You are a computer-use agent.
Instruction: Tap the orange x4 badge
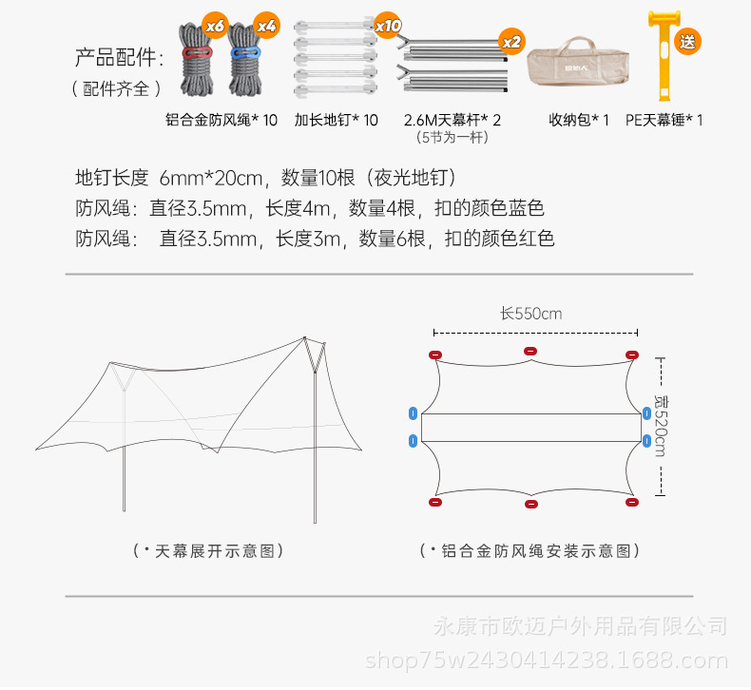265,27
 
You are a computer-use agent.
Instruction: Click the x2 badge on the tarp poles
510,42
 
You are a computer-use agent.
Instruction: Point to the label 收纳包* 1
578,121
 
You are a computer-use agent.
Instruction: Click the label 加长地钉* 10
336,121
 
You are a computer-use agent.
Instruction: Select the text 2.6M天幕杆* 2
452,121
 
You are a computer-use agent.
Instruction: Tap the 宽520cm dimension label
659,425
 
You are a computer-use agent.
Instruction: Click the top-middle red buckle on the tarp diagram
530,352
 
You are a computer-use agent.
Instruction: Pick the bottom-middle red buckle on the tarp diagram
530,504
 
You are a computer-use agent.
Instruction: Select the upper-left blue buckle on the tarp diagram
413,413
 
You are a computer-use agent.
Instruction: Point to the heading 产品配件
119,58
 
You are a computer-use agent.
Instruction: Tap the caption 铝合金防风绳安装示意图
530,551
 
